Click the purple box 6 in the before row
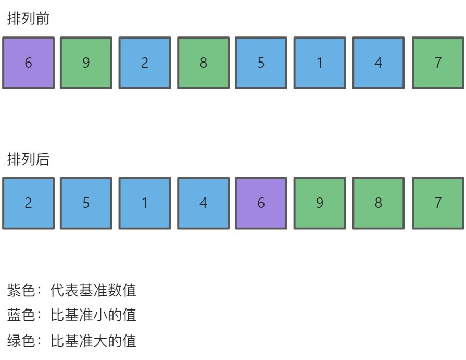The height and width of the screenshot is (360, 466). tap(28, 63)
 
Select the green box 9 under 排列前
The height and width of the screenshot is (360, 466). tap(86, 63)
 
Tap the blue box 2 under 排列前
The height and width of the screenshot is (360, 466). tap(145, 63)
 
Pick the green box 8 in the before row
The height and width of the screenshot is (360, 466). tap(203, 63)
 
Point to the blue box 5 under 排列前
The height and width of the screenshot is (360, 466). tap(261, 63)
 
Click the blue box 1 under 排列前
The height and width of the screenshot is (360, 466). tap(320, 63)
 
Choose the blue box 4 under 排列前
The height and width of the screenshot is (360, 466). tap(379, 63)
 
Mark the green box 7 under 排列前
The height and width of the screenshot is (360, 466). tap(438, 63)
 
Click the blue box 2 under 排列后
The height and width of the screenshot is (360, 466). tap(28, 203)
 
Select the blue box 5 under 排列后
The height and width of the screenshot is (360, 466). tap(86, 203)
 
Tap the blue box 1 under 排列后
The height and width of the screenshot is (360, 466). tap(145, 203)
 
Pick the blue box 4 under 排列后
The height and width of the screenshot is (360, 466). tap(203, 203)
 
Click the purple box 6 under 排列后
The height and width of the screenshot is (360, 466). tap(261, 203)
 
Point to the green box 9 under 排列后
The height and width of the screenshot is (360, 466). tap(320, 203)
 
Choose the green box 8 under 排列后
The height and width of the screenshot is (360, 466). tap(379, 203)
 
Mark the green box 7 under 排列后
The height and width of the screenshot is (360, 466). tap(438, 203)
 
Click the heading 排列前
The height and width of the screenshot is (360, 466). tap(28, 19)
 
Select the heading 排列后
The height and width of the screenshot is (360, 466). tap(28, 159)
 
